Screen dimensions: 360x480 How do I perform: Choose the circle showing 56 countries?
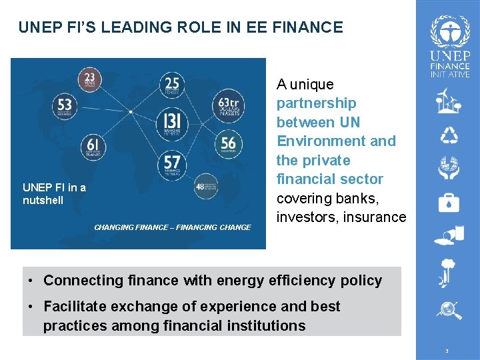point(228,143)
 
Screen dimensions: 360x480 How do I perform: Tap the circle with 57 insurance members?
point(172,163)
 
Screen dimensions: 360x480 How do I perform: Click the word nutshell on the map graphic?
point(43,200)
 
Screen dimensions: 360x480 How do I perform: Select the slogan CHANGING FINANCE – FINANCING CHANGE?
point(173,227)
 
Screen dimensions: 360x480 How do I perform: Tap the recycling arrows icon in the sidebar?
point(449,136)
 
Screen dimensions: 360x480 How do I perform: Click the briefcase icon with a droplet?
point(449,202)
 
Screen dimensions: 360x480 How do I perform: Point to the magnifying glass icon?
point(448,310)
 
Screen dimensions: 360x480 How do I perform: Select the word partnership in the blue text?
point(317,103)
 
